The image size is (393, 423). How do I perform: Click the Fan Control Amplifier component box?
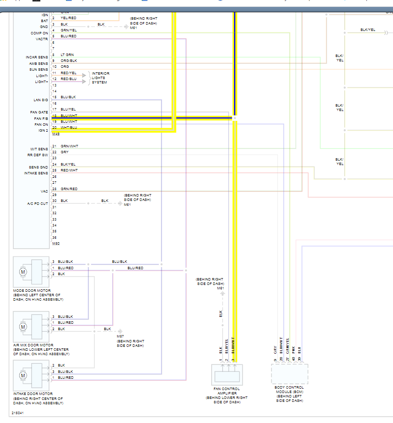227,374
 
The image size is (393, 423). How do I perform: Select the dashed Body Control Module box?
289,374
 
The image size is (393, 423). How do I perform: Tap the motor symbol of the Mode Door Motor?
23,271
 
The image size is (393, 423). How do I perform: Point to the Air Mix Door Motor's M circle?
23,326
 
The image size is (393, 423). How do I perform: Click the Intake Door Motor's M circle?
23,376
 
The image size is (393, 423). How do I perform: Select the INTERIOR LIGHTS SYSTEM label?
100,78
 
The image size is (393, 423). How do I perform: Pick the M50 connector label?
56,244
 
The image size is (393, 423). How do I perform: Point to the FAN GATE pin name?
39,113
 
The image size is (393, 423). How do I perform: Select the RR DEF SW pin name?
38,155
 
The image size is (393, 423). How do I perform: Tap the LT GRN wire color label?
67,55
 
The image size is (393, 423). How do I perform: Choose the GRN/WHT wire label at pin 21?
69,146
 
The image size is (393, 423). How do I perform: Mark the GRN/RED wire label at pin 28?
69,189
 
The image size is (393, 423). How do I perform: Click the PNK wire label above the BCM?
294,351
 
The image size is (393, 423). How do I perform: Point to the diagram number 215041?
17,413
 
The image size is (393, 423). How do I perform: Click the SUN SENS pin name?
39,69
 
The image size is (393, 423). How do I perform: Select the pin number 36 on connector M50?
54,237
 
